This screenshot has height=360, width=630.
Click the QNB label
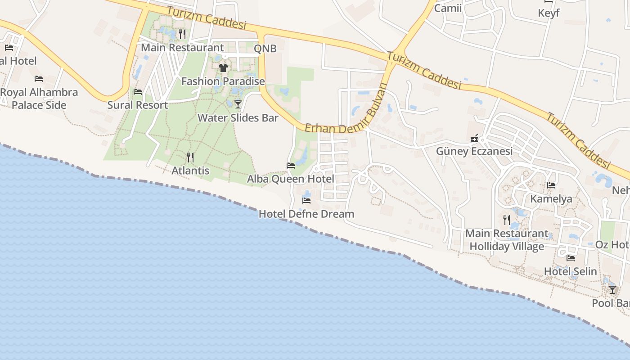265,49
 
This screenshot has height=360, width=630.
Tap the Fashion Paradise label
223,81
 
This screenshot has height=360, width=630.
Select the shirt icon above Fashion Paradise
223,68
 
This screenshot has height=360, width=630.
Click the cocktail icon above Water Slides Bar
238,104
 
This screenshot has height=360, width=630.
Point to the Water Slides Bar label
238,118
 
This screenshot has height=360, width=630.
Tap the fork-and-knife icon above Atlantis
190,157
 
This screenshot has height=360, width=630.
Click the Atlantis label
190,171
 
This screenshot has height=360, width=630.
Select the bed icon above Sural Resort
138,92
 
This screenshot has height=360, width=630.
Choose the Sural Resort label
138,105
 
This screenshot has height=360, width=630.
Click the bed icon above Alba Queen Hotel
291,166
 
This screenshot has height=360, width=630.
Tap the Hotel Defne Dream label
306,214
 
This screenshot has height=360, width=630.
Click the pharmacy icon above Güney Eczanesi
474,138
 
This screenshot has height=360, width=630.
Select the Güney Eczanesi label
474,151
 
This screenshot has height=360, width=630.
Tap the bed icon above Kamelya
551,185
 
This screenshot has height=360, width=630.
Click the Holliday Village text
507,247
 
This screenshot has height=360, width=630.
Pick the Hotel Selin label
571,271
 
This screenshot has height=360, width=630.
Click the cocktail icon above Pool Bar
612,289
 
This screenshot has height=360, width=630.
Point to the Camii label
448,8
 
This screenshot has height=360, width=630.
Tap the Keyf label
549,13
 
